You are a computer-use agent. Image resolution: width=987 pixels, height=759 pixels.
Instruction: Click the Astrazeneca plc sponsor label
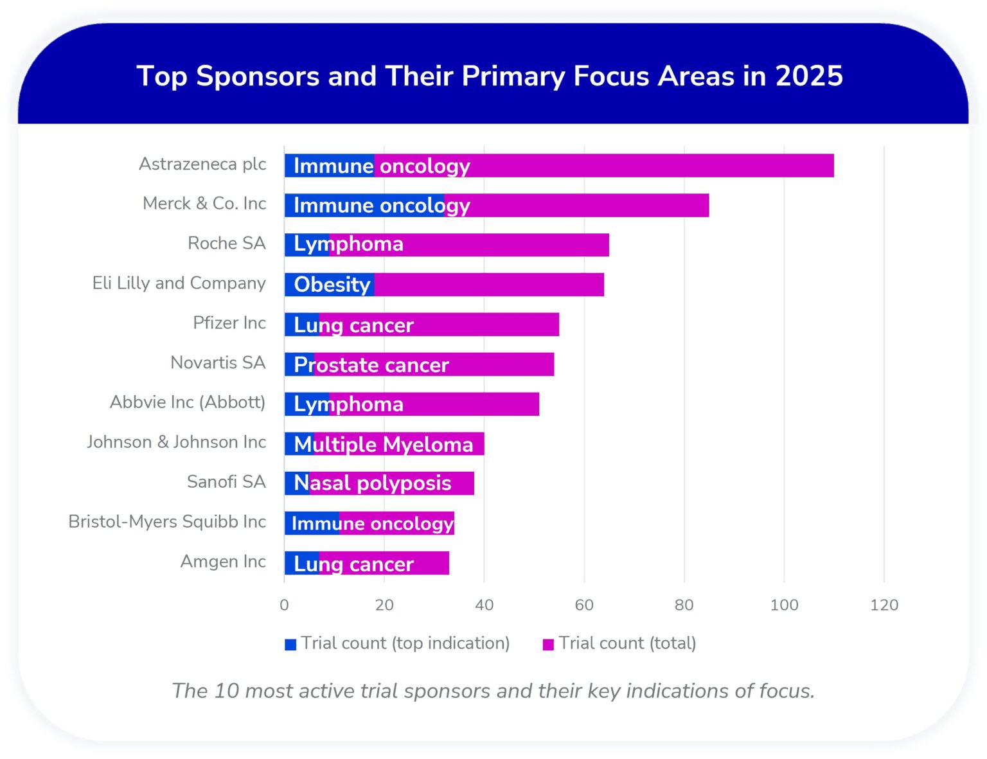202,164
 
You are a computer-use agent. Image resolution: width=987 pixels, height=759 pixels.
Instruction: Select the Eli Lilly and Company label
179,283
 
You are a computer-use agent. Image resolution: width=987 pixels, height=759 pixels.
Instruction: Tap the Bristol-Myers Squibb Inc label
167,521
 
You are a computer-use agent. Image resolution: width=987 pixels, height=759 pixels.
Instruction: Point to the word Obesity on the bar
332,285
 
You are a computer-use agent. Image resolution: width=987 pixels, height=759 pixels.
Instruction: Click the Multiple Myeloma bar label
383,444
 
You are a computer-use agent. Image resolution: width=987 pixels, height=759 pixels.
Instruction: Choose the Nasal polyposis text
372,483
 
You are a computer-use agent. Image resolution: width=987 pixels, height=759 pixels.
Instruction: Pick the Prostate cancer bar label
371,365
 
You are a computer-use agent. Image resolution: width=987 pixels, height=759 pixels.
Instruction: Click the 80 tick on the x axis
684,605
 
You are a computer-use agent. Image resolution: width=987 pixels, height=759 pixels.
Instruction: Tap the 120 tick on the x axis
884,605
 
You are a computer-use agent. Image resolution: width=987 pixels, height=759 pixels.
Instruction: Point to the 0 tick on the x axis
284,605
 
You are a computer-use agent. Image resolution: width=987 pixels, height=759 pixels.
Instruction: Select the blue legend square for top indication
290,644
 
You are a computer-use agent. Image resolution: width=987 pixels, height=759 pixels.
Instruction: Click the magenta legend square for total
548,644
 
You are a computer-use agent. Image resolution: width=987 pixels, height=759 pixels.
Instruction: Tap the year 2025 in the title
808,76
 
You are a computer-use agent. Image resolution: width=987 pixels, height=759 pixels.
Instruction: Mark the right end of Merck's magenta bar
707,206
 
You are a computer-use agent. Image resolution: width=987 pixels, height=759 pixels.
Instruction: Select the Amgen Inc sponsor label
223,561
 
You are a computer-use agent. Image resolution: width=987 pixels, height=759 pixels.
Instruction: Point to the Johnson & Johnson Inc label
176,442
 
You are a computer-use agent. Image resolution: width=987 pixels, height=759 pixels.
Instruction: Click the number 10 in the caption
227,690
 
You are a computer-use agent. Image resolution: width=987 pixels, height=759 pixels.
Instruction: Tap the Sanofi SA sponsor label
226,481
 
